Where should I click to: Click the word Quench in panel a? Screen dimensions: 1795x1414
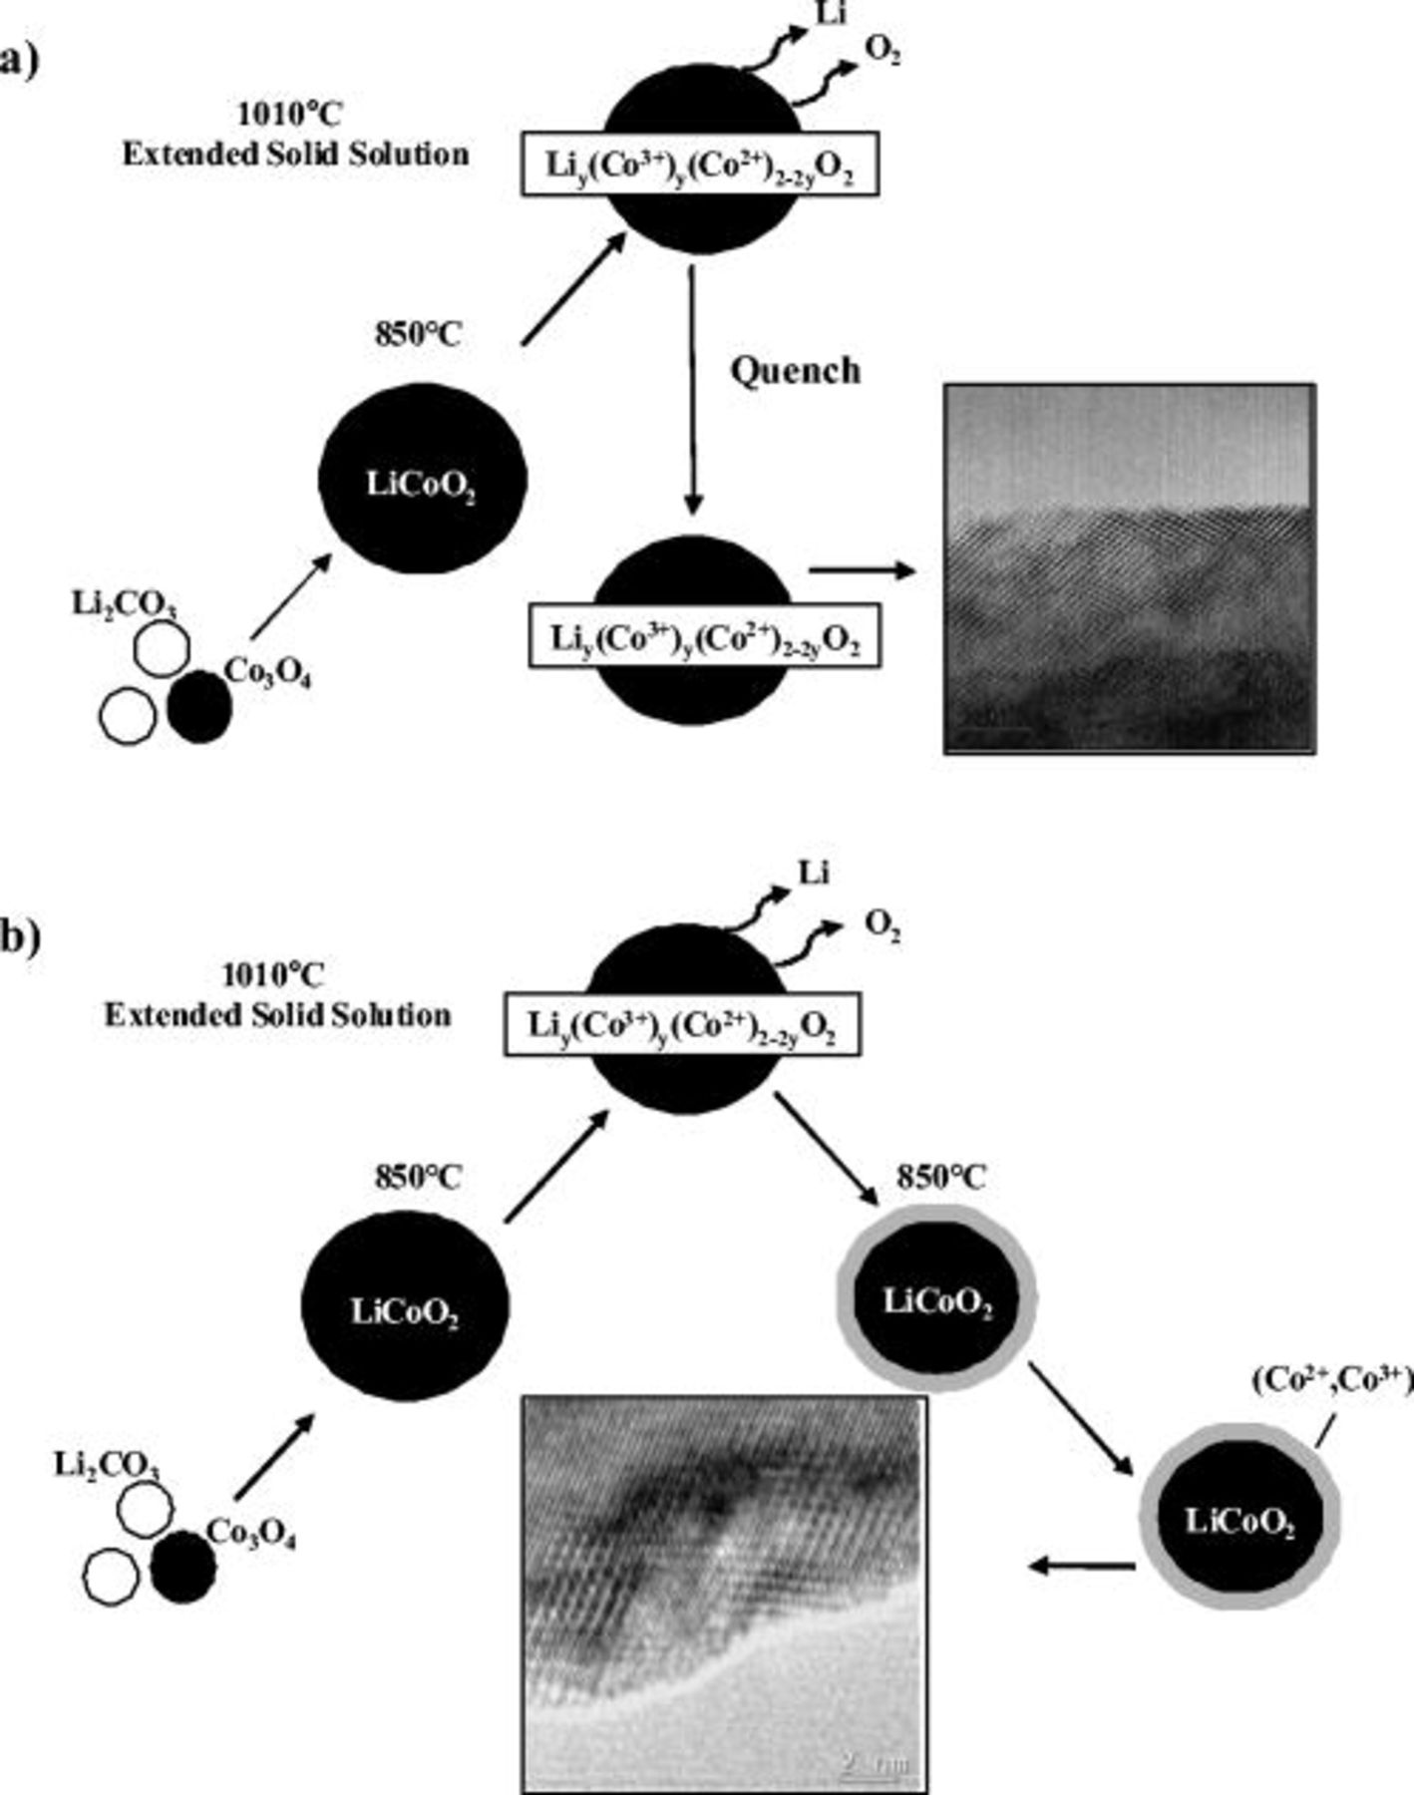coord(795,371)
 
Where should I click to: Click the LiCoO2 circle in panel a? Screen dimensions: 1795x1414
coord(421,483)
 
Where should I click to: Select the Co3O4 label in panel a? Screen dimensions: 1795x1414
coord(267,674)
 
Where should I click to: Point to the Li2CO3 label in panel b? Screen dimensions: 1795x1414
coord(107,1464)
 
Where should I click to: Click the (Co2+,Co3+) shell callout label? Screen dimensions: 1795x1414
coord(1331,1380)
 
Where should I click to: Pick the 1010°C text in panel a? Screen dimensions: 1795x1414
coord(289,115)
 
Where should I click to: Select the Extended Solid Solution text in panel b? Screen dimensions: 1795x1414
coord(277,1015)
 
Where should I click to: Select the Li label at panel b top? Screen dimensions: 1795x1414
coord(813,875)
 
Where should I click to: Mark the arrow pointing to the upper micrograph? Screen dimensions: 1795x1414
coord(862,570)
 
